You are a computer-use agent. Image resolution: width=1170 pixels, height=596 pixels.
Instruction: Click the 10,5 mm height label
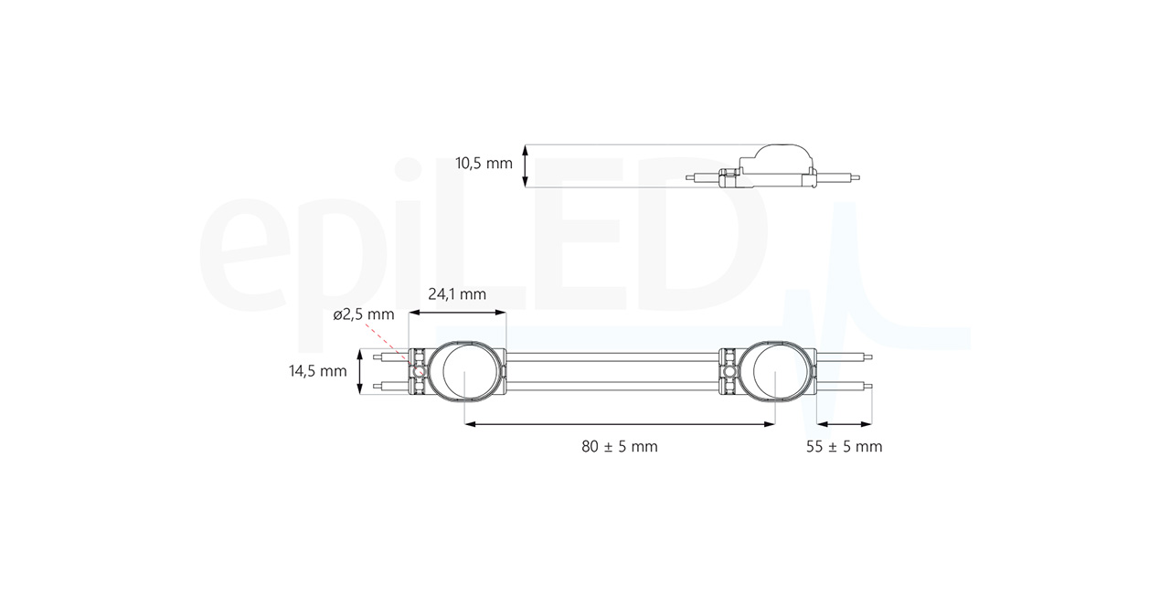tap(484, 165)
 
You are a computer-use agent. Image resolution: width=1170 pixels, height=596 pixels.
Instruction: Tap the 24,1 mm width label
tap(457, 294)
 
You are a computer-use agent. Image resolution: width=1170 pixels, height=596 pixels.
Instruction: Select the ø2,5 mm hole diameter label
tap(364, 314)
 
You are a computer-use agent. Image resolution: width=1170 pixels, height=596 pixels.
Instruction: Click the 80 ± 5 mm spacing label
tap(619, 446)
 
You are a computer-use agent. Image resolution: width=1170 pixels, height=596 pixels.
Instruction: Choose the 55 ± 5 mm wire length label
tap(845, 446)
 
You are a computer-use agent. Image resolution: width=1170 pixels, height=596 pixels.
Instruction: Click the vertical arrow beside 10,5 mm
tap(525, 165)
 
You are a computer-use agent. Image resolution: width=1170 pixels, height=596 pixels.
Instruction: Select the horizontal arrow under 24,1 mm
tap(457, 313)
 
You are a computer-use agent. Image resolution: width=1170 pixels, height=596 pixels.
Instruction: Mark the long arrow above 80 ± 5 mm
tap(620, 423)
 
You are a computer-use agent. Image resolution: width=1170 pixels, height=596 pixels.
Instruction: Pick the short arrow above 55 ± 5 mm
tap(844, 423)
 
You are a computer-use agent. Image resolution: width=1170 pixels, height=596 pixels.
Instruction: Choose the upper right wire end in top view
tap(868, 357)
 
